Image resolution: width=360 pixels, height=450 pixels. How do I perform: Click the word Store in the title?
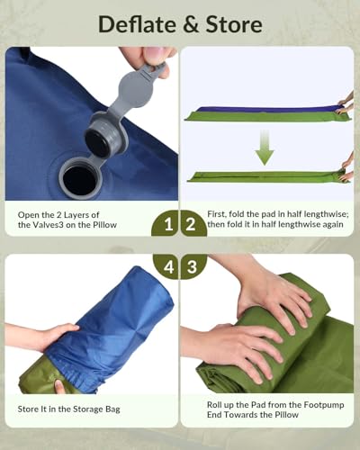coord(230,22)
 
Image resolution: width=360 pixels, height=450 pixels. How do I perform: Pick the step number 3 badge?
coord(193,267)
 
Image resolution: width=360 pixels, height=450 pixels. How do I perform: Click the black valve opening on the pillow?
coord(79,177)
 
